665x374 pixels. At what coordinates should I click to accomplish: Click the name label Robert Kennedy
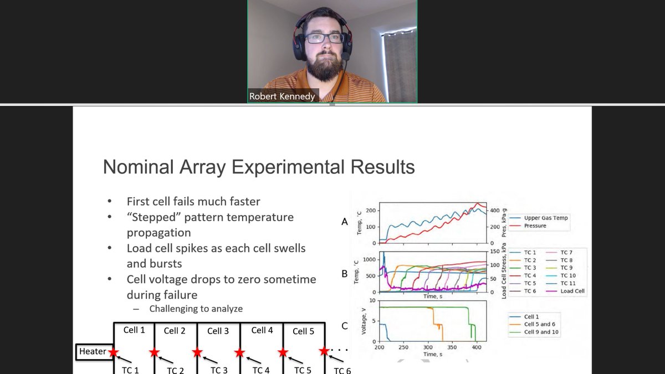pos(282,96)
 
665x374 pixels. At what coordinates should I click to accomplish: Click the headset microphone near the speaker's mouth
pos(345,56)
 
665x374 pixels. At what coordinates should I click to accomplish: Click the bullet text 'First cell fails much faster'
pos(193,201)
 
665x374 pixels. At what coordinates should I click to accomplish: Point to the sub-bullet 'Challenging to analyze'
pos(196,309)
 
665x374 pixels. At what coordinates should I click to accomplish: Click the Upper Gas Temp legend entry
pos(546,218)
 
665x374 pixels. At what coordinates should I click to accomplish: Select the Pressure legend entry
pos(535,226)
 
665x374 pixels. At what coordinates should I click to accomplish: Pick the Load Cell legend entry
pos(572,291)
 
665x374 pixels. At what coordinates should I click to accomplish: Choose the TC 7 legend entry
pos(566,253)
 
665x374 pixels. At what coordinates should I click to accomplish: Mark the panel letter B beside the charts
pos(345,274)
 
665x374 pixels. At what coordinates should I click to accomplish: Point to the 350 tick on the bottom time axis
pos(452,347)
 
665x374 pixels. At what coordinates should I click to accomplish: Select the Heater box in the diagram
pos(93,351)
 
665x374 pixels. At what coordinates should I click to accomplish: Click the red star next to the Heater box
pos(114,352)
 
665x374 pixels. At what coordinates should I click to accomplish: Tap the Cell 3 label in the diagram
pos(218,331)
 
